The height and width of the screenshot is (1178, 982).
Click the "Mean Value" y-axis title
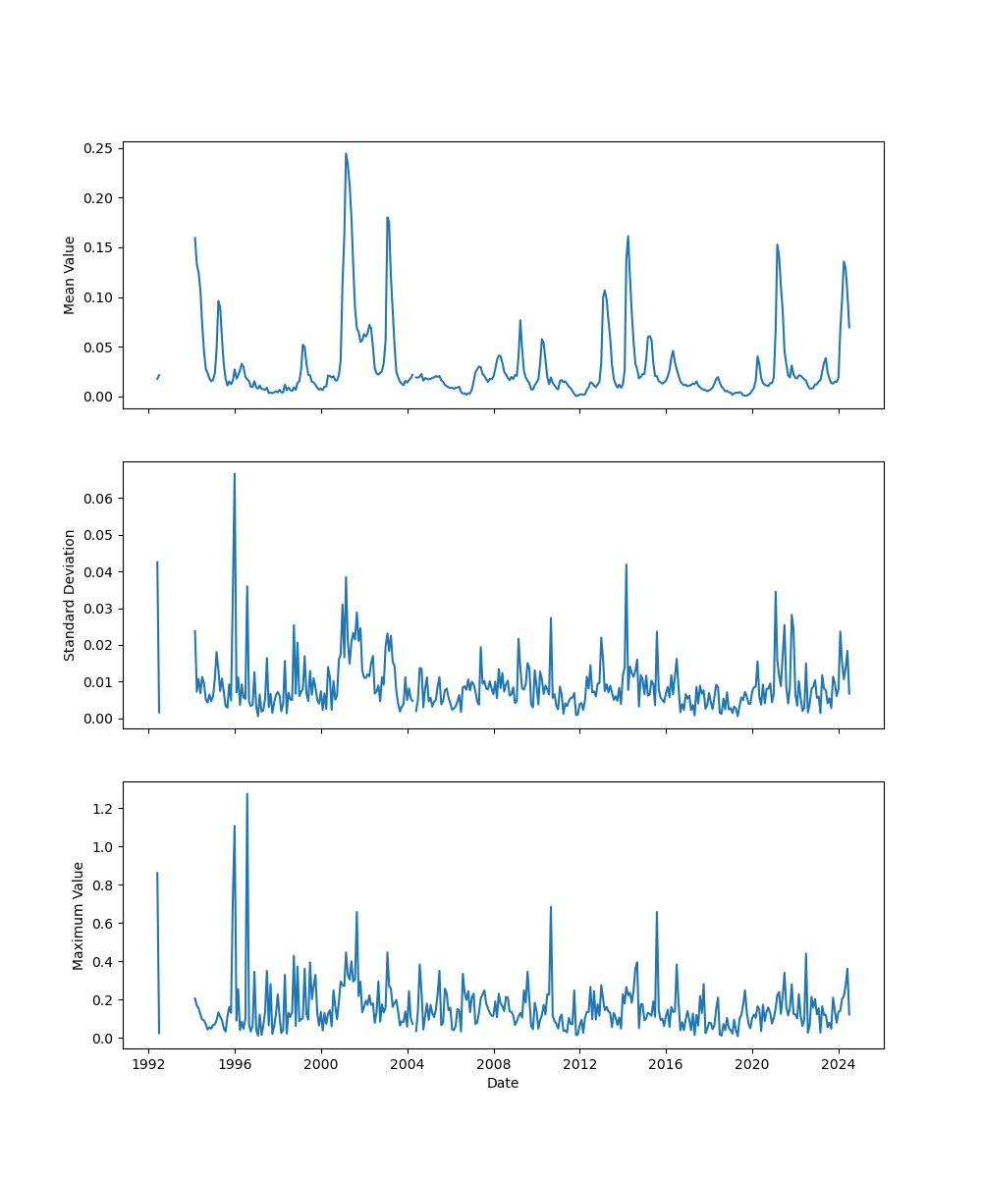pos(70,275)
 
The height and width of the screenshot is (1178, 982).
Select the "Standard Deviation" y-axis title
pos(70,595)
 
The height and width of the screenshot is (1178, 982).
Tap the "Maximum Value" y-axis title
pos(79,915)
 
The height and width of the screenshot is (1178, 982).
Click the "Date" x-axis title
pos(503,1083)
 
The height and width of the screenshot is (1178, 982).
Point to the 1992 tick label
pos(149,1064)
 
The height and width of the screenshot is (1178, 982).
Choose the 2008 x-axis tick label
pos(494,1064)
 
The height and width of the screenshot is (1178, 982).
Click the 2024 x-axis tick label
pos(839,1064)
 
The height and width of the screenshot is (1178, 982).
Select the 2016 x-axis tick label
pos(666,1064)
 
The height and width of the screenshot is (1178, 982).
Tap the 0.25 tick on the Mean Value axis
pos(102,148)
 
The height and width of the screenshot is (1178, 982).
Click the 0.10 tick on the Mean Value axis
pos(102,297)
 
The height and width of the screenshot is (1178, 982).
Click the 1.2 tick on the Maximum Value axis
pos(106,808)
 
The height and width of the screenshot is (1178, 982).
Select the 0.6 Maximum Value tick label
pos(106,923)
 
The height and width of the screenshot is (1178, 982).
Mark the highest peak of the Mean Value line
pos(346,153)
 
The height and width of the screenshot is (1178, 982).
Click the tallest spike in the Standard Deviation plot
pos(234,474)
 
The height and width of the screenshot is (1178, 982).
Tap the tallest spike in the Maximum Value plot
pos(246,794)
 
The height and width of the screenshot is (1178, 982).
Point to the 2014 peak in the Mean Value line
pos(627,237)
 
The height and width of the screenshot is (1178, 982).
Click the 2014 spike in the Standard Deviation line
pos(626,564)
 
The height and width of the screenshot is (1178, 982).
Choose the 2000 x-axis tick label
pos(321,1064)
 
